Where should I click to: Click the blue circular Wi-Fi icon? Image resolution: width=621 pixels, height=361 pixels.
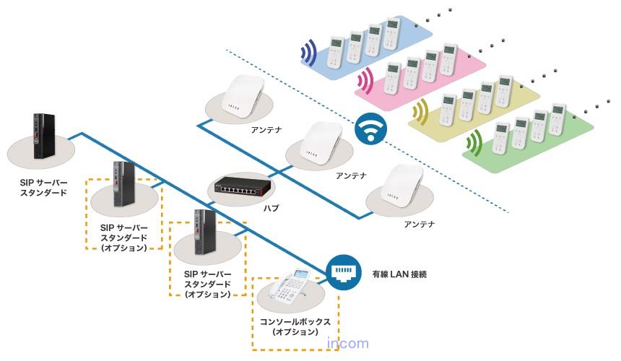tap(370, 129)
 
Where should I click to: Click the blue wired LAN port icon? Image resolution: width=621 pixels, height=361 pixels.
tap(344, 272)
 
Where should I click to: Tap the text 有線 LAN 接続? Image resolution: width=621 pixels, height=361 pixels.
tap(399, 274)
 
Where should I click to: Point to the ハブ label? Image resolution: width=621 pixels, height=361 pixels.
tap(272, 208)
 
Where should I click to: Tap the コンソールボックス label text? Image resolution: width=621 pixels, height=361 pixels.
tap(295, 321)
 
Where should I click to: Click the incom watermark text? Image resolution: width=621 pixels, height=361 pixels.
tap(348, 343)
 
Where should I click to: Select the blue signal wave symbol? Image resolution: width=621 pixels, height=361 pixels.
tap(308, 52)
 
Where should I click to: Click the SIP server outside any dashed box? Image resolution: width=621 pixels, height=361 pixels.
tap(43, 136)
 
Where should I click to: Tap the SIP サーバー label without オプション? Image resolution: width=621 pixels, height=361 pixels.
tap(43, 188)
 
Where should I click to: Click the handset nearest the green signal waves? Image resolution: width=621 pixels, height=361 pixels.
tap(500, 139)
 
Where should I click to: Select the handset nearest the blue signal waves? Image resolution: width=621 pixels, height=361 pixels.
tap(336, 52)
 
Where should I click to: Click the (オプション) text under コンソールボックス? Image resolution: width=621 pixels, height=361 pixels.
tap(295, 331)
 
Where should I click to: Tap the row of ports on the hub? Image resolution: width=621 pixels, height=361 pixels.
tap(238, 191)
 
